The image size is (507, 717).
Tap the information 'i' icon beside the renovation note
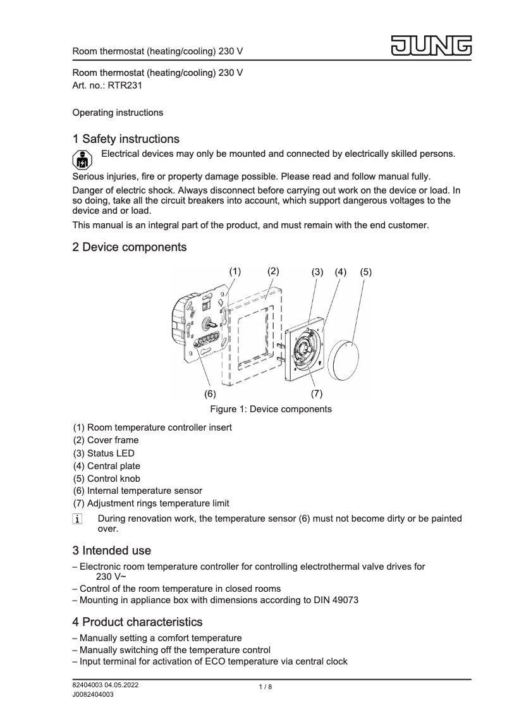pos(78,520)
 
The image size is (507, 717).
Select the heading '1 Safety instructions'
pos(126,138)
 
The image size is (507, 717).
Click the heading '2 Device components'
pos(130,247)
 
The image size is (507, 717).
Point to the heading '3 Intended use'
pos(112,550)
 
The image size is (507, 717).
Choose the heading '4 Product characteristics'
pos(138,622)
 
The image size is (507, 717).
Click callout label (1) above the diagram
pos(235,271)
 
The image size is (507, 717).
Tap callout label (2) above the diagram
pos(273,271)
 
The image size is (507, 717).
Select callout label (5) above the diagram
pos(366,272)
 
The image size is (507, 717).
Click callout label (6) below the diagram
pos(210,393)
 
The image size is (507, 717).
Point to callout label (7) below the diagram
pos(317,393)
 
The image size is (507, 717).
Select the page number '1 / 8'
pos(266,687)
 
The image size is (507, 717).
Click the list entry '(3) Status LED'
pos(104,453)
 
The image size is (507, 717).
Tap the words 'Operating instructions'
pos(118,113)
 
